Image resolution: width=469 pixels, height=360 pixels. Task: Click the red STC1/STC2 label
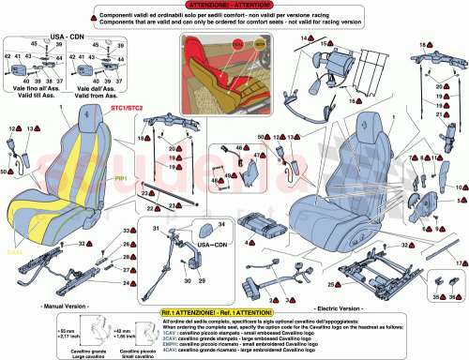[126, 109]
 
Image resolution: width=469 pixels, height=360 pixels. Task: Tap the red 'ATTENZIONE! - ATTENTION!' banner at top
[234, 6]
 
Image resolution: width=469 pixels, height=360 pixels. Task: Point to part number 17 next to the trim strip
[461, 264]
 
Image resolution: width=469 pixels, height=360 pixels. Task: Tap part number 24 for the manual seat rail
[125, 280]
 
